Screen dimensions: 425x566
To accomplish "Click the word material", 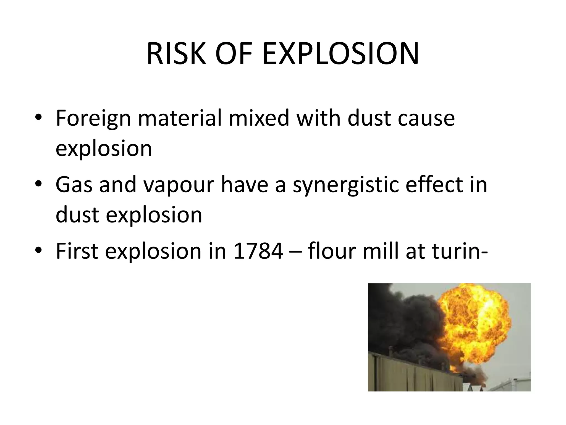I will coord(180,118).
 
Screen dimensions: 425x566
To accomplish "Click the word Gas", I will coord(74,185).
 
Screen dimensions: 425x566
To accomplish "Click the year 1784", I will coord(258,251).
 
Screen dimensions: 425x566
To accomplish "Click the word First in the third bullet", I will coord(77,251).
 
